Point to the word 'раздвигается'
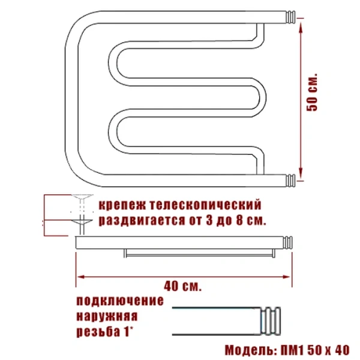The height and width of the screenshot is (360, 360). tap(134, 220)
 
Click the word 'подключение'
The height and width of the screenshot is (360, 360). tap(120, 301)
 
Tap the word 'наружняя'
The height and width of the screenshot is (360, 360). tap(107, 316)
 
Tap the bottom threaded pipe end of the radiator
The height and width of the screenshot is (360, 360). tap(290, 178)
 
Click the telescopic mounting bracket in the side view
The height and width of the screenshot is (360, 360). tap(79, 210)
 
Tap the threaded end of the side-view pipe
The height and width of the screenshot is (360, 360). tap(289, 242)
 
